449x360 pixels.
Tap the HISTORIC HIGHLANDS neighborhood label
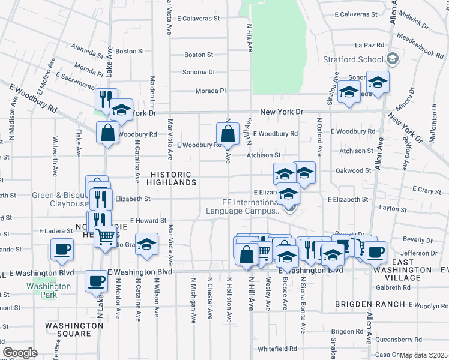pyautogui.click(x=171, y=178)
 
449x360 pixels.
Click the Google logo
pyautogui.click(x=20, y=353)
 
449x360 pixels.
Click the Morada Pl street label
pyautogui.click(x=210, y=91)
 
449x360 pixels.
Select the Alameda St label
pyautogui.click(x=88, y=50)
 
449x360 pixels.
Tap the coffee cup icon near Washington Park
pyautogui.click(x=95, y=281)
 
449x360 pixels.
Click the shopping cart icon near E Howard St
pyautogui.click(x=106, y=237)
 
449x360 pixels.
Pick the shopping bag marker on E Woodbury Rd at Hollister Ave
pyautogui.click(x=228, y=134)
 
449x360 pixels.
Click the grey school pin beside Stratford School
pyautogui.click(x=393, y=59)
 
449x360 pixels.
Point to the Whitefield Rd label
pyautogui.click(x=277, y=348)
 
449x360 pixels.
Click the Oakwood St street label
pyautogui.click(x=353, y=170)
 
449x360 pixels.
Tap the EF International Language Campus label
pyautogui.click(x=243, y=206)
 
